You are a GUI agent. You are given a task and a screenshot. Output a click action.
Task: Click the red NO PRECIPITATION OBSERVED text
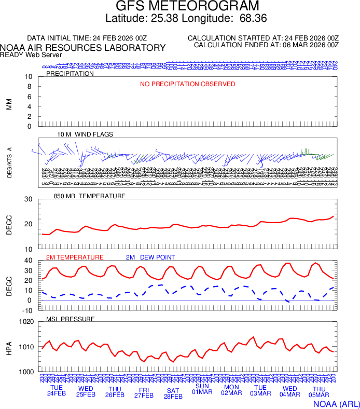pos(187,84)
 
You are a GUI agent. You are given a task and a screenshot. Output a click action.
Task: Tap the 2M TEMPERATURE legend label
pos(75,257)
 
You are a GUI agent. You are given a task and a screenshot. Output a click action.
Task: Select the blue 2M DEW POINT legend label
pos(150,257)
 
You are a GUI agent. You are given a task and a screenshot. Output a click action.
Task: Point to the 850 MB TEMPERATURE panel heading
pos(90,196)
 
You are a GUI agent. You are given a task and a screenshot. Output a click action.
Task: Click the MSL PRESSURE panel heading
pos(71,319)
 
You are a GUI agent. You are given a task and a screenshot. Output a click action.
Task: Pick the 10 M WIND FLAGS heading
pos(85,134)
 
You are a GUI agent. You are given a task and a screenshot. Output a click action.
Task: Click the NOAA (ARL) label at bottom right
pos(336,403)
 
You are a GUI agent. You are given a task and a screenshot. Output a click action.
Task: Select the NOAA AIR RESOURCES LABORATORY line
pos(83,48)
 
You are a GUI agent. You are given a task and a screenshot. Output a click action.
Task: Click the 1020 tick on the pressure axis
pos(26,322)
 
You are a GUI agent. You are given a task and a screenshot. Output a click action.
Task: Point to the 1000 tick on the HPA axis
pos(26,372)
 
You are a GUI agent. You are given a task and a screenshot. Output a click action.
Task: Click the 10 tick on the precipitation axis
pos(29,77)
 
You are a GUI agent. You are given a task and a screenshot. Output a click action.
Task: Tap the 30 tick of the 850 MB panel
pos(29,199)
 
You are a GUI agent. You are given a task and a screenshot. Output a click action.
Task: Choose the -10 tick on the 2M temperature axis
pos(28,310)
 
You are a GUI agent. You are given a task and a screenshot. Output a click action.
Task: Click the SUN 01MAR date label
pos(202,389)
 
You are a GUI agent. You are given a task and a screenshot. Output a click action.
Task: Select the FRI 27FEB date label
pos(144,392)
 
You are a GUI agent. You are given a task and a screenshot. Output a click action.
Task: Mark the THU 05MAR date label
pos(319,392)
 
